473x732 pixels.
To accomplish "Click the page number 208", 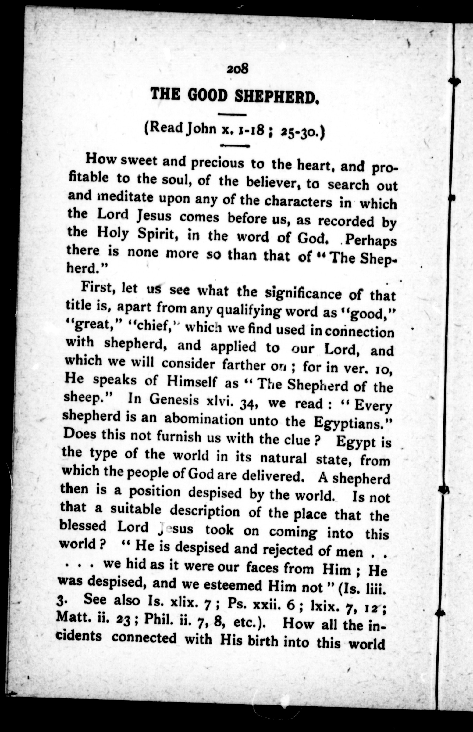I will pos(237,69).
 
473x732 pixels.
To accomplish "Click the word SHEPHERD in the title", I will pos(276,96).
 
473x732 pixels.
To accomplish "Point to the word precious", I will pos(217,163).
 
